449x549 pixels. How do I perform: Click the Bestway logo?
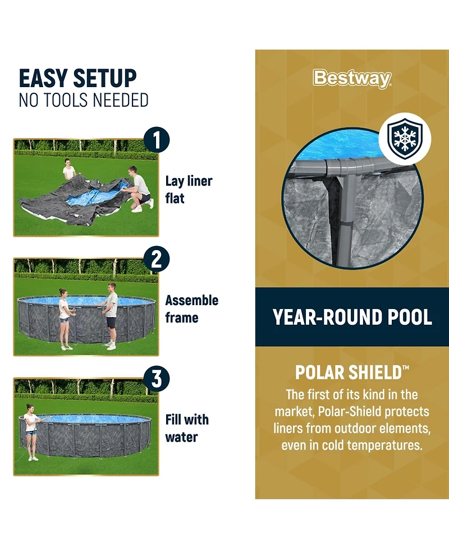point(352,79)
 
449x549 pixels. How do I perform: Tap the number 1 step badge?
point(157,140)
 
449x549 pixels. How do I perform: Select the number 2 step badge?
point(157,260)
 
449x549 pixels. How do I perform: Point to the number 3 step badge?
point(157,379)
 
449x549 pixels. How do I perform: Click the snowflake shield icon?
point(405,138)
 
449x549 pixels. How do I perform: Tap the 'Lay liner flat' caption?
point(189,190)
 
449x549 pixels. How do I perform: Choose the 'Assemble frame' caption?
point(191,309)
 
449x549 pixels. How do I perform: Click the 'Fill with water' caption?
point(187,428)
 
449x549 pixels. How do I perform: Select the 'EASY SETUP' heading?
point(77,78)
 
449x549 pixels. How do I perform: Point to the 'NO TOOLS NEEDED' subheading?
point(84,100)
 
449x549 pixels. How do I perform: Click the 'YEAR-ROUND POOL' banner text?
point(352,317)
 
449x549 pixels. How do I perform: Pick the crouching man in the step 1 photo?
point(139,189)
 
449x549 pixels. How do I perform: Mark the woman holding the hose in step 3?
point(31,432)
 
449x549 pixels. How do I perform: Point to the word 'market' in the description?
point(294,412)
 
